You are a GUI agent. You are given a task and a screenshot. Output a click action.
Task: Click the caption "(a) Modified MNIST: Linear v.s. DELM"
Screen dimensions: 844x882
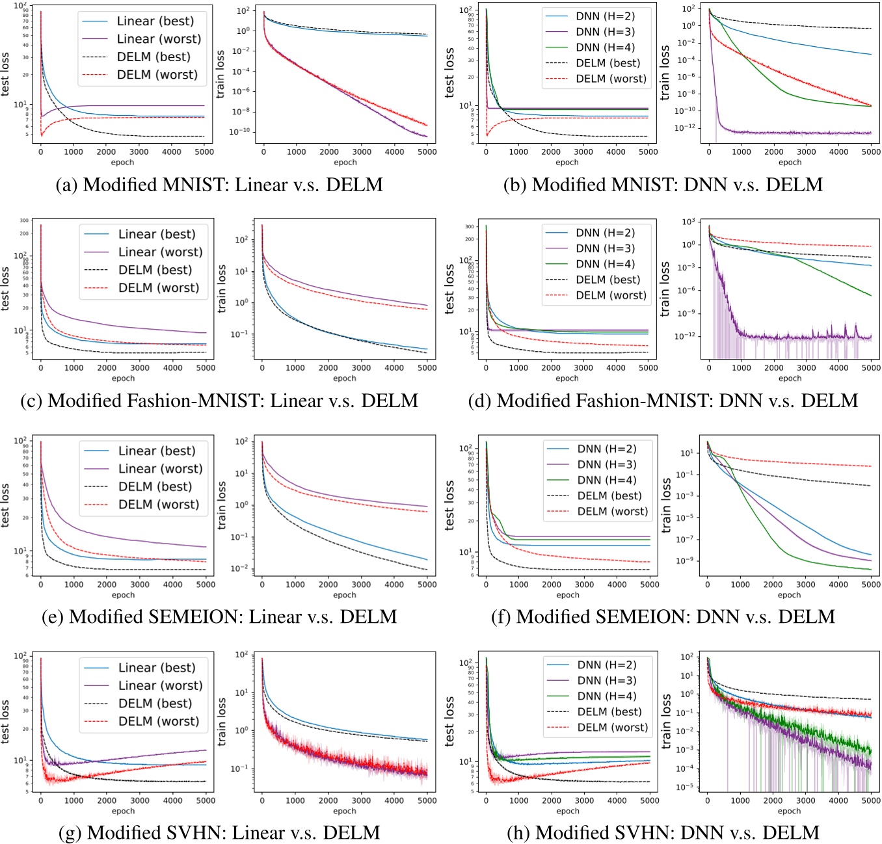[x=219, y=185]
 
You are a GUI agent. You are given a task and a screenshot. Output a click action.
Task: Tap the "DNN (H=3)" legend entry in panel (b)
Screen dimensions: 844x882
[x=605, y=32]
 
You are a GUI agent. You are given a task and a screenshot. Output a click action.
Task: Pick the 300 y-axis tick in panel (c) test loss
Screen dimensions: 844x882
[x=24, y=222]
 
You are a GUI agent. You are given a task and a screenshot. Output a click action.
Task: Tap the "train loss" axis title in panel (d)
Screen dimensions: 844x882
[x=665, y=289]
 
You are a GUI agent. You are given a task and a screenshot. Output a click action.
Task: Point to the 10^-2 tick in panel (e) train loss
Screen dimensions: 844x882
[x=241, y=569]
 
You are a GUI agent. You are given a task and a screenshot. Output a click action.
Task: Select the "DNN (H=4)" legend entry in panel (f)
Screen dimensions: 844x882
[x=606, y=480]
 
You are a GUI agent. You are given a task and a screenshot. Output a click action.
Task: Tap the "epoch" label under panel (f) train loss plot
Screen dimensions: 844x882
[x=789, y=595]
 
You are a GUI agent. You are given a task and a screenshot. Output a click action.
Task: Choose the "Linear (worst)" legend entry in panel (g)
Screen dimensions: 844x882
[x=160, y=685]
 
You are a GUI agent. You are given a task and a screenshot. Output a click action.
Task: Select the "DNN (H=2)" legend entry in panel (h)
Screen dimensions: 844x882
[x=606, y=665]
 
